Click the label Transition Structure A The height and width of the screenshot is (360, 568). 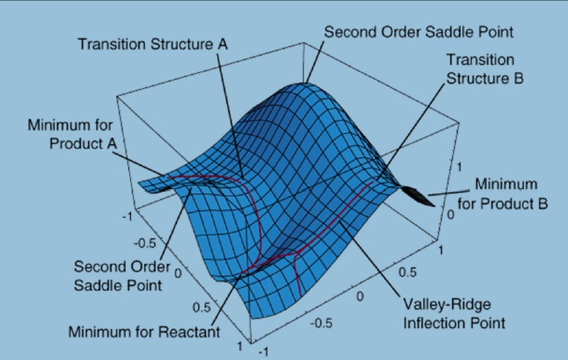tap(153, 44)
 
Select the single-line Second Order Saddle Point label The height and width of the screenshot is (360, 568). tap(419, 32)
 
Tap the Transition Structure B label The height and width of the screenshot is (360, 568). tap(485, 69)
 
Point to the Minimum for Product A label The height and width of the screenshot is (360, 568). tap(72, 134)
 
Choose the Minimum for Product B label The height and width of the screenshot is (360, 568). tap(503, 194)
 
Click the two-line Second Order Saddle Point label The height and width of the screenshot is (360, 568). tap(122, 276)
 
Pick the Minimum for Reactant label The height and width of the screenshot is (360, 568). tap(144, 332)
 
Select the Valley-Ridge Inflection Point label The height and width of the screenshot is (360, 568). tap(454, 314)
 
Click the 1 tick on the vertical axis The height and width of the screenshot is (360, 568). tap(459, 167)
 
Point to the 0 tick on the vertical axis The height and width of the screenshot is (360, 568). tap(451, 215)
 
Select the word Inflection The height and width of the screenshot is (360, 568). tap(431, 323)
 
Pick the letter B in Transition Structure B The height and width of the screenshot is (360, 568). tap(518, 78)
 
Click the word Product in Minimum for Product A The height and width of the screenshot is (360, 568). tap(76, 144)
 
